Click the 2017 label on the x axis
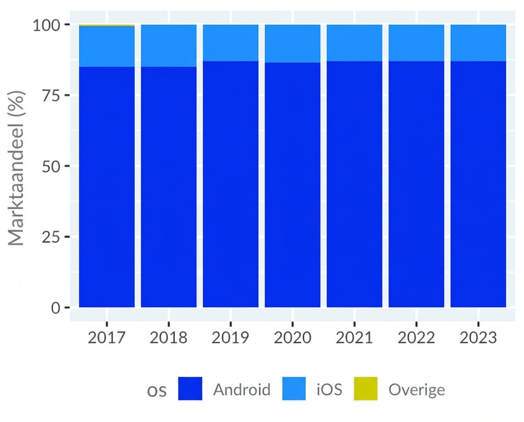click(106, 338)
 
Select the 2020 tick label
click(292, 338)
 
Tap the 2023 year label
click(478, 338)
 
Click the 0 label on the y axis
click(56, 308)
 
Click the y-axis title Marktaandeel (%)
click(16, 168)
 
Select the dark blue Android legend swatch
click(190, 389)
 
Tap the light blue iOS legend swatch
click(294, 389)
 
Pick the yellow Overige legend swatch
click(366, 389)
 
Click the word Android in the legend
click(242, 390)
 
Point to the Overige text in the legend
click(416, 390)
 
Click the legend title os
click(157, 391)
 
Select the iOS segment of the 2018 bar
click(169, 45)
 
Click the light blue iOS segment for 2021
click(354, 43)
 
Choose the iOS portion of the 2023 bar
click(478, 43)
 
